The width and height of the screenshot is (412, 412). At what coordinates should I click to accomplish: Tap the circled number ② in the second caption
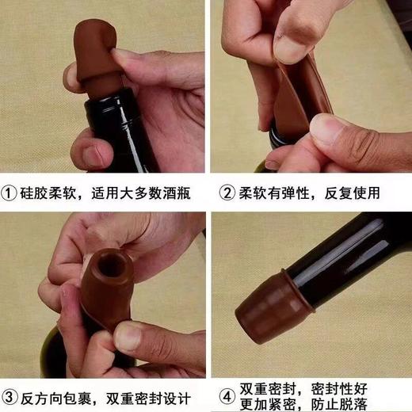point(228,193)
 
